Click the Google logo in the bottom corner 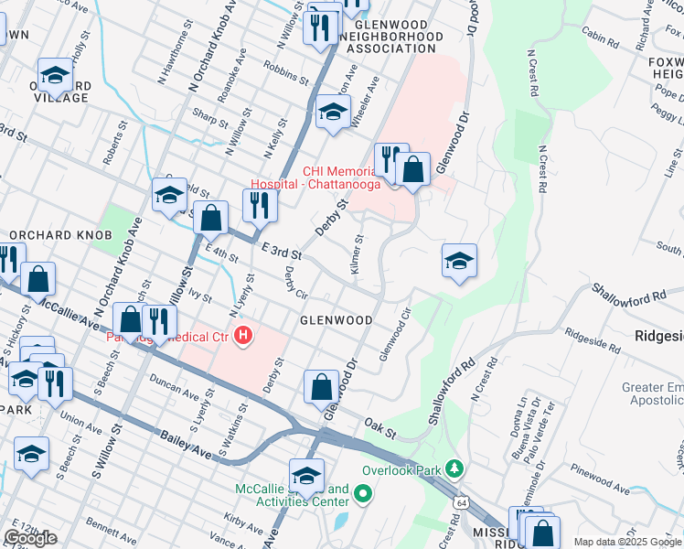30,538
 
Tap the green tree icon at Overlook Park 454,469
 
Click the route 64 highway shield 460,501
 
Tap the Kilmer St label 356,255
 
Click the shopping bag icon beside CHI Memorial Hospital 413,170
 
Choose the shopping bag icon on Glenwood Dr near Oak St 321,386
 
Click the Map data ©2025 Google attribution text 626,542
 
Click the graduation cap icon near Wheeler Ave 333,113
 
